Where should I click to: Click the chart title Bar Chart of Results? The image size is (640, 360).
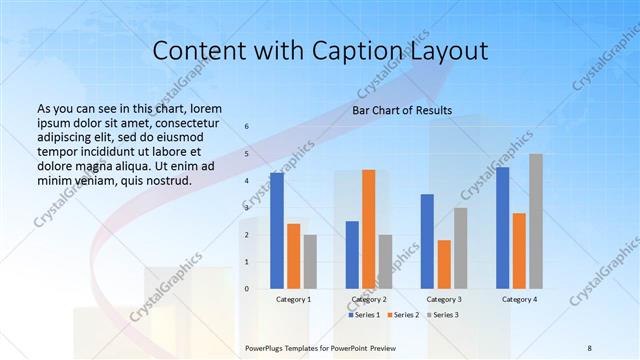click(402, 109)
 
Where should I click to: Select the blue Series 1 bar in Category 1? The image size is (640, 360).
click(277, 231)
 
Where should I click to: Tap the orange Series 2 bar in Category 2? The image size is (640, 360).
click(368, 229)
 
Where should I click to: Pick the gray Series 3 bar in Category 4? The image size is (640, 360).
click(536, 221)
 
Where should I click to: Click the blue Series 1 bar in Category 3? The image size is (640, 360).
click(427, 241)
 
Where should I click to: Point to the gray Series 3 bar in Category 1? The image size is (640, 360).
click(310, 262)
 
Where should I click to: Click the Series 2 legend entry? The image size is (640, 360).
click(404, 315)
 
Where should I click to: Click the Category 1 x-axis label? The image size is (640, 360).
click(293, 299)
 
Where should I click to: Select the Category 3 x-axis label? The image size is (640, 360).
click(444, 299)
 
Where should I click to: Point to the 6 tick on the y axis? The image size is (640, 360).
click(247, 127)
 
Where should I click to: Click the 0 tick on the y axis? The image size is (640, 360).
click(247, 289)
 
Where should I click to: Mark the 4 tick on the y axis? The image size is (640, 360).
click(247, 181)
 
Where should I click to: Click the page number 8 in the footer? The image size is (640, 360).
click(589, 346)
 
